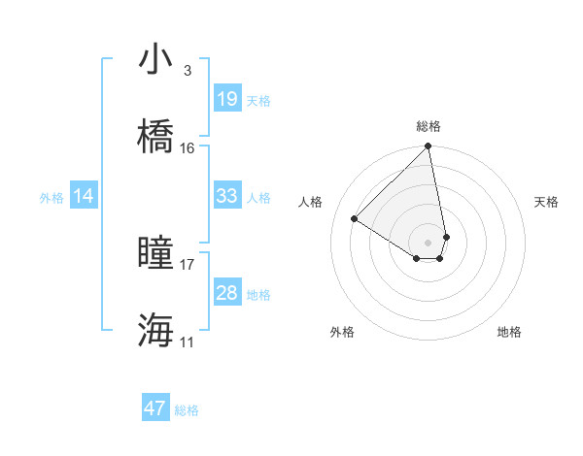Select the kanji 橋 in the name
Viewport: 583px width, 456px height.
pyautogui.click(x=156, y=136)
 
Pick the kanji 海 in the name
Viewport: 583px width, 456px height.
pyautogui.click(x=156, y=330)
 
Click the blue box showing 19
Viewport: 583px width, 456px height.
pyautogui.click(x=226, y=99)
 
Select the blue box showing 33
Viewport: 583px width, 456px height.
pyautogui.click(x=226, y=196)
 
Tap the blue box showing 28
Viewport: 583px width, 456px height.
pyautogui.click(x=226, y=293)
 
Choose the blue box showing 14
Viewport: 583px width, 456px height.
pyautogui.click(x=84, y=196)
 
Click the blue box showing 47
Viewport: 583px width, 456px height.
pyautogui.click(x=155, y=408)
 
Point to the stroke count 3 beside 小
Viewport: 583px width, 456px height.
pyautogui.click(x=187, y=70)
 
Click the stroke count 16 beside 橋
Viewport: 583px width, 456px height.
pyautogui.click(x=188, y=147)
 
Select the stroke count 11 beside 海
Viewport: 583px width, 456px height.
pyautogui.click(x=188, y=342)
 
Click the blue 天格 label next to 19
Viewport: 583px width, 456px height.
pyautogui.click(x=258, y=100)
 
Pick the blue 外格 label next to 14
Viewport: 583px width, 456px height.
pyautogui.click(x=51, y=197)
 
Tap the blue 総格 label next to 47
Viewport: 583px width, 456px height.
pyautogui.click(x=187, y=410)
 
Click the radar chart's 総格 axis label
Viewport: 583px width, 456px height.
pyautogui.click(x=429, y=126)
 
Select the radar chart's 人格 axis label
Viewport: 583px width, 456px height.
pyautogui.click(x=311, y=202)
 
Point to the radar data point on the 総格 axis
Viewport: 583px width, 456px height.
pyautogui.click(x=429, y=147)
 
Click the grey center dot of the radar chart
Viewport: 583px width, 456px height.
pyautogui.click(x=429, y=242)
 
